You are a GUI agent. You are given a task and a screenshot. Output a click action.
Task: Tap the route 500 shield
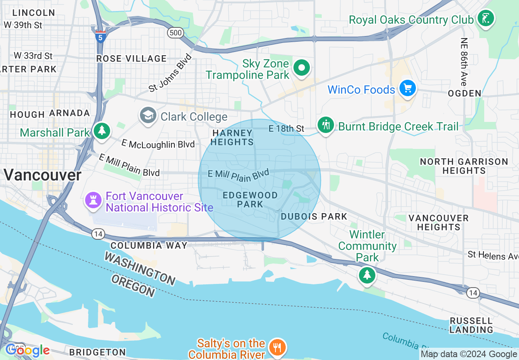[175, 33]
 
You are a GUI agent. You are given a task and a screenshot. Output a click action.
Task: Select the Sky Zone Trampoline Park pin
[302, 68]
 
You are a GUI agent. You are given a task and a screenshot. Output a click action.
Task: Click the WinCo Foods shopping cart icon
[407, 88]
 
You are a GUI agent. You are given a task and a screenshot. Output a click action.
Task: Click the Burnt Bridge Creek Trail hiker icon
[326, 125]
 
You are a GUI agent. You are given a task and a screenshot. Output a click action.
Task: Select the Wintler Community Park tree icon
[367, 275]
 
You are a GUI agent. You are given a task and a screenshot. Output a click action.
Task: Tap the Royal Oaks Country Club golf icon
[486, 18]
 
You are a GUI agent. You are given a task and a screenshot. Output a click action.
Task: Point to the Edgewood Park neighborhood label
[250, 200]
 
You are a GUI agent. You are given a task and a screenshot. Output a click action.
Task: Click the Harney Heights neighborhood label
[232, 137]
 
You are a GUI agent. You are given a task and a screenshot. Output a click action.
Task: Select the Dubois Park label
[314, 216]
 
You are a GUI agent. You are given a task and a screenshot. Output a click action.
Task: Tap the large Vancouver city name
[42, 175]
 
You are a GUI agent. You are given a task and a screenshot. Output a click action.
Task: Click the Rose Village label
[131, 59]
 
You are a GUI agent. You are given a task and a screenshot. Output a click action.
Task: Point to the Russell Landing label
[471, 325]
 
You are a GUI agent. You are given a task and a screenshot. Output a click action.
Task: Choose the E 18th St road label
[286, 128]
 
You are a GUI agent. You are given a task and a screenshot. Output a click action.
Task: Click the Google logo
[27, 350]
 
